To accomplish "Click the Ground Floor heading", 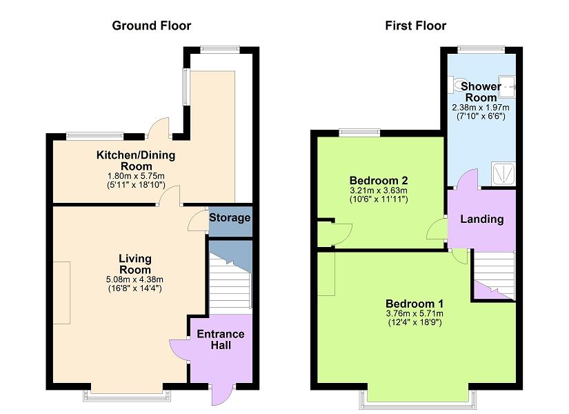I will point(152,26).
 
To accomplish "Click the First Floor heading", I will point(415,26).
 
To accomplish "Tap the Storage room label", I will point(230,218).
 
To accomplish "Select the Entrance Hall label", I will point(221,339).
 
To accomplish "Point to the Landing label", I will point(481,219).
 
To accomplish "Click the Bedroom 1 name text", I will point(415,304).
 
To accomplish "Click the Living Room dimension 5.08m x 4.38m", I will point(134,279).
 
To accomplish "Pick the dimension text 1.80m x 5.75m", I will point(135,176).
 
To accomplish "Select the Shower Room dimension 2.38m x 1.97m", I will point(480,108).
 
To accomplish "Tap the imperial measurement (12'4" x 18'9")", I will point(415,322).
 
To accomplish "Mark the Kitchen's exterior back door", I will point(159,128).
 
